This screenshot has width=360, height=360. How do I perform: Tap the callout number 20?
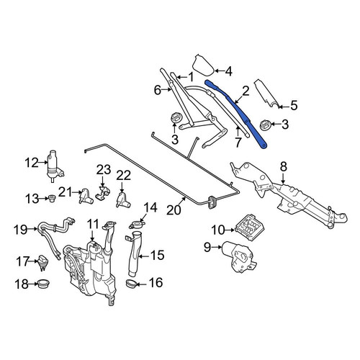(x=174, y=210)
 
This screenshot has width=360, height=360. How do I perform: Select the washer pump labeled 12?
(x=54, y=166)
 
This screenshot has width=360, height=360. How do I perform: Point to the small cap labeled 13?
(x=52, y=199)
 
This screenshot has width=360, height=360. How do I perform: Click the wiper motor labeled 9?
(x=238, y=256)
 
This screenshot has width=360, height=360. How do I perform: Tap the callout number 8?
(x=284, y=166)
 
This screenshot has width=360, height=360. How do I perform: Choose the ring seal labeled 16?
(x=131, y=284)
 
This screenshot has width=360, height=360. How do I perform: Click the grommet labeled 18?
(x=44, y=284)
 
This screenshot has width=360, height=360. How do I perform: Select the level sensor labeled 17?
(x=42, y=264)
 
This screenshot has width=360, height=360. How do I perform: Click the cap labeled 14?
(x=137, y=225)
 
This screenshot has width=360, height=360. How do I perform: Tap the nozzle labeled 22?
(x=122, y=199)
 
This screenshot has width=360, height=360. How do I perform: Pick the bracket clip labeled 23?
(x=103, y=193)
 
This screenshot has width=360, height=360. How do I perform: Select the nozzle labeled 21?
(x=86, y=196)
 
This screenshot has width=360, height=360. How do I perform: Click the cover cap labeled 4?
(x=203, y=64)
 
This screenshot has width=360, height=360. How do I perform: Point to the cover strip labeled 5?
(x=266, y=94)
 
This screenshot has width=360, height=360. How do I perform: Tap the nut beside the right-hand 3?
(x=266, y=125)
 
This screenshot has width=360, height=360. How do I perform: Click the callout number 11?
(x=93, y=224)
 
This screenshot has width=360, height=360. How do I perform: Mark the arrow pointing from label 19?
(x=32, y=229)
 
